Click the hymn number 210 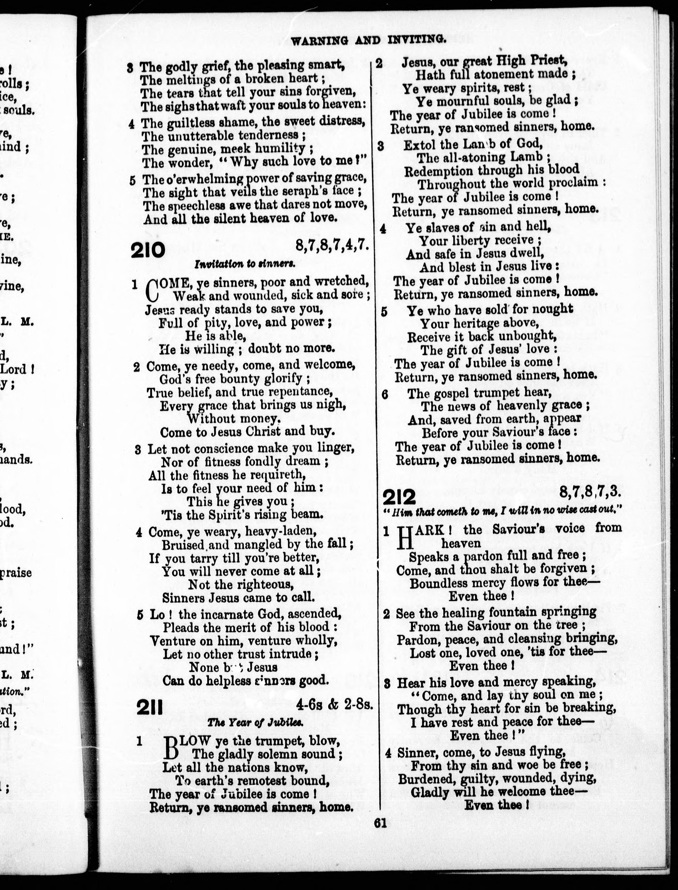point(148,251)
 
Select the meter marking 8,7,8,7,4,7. point(332,245)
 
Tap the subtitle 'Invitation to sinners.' point(245,264)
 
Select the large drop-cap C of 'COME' point(151,290)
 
